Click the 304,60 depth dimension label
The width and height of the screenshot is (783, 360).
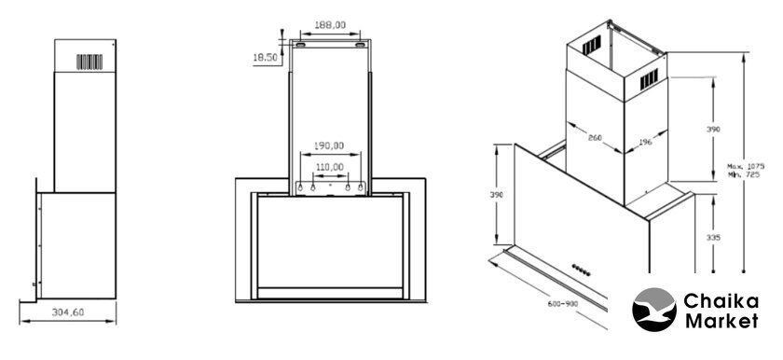click(68, 312)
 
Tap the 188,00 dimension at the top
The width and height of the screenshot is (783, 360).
click(330, 24)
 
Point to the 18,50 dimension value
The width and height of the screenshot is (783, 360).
click(265, 58)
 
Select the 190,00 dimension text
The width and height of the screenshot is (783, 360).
click(329, 145)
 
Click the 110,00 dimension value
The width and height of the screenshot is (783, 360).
click(329, 167)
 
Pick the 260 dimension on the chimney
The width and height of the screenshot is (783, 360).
click(595, 137)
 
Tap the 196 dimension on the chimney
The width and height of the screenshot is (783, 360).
click(645, 143)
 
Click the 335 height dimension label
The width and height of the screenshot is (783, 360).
click(714, 238)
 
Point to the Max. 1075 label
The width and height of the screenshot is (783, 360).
click(746, 166)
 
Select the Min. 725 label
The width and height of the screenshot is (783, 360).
click(744, 174)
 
